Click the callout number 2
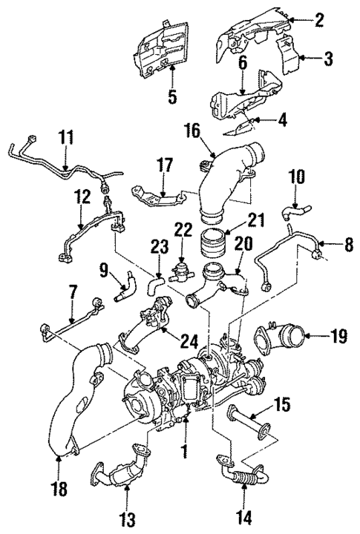[318, 20]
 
